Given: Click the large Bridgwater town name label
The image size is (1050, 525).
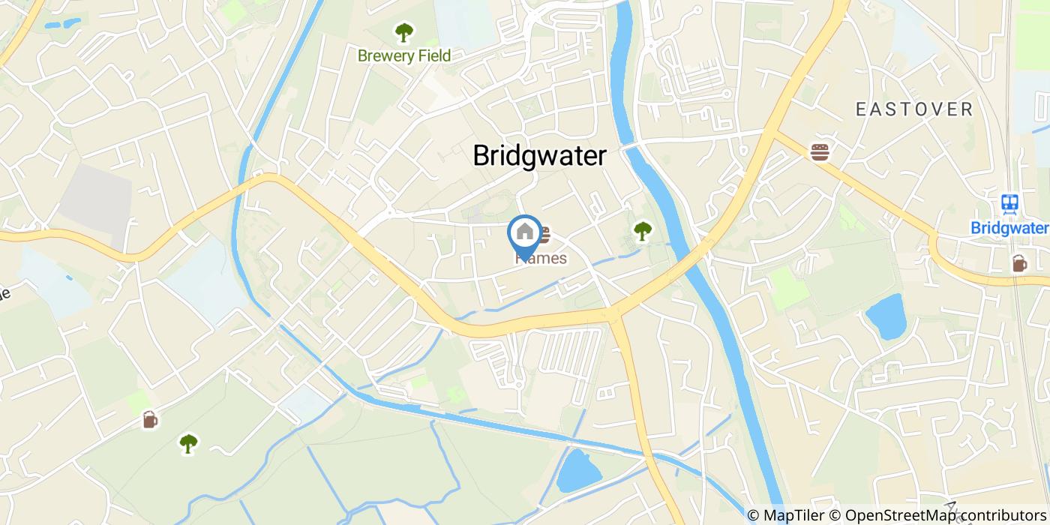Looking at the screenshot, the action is (539, 155).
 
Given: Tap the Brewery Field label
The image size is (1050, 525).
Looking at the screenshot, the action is (404, 55).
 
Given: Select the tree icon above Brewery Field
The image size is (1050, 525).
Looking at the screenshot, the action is (404, 32).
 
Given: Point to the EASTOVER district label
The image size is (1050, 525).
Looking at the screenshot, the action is (914, 109).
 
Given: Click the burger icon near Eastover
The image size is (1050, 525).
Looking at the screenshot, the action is (820, 152).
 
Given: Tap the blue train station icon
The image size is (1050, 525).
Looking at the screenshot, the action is (1009, 203).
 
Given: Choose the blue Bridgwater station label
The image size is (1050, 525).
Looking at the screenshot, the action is (1009, 227).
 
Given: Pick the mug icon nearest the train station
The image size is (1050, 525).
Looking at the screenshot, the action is (1019, 263).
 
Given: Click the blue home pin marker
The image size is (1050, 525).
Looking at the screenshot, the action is (525, 234).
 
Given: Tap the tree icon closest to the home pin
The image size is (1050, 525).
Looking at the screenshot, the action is (642, 231).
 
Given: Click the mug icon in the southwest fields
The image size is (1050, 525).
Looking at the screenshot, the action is (150, 419).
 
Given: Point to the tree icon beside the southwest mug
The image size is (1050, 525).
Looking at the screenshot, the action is (188, 444).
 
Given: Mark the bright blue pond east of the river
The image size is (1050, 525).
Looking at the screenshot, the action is (886, 316).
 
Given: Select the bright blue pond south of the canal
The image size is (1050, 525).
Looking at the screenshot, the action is (578, 471).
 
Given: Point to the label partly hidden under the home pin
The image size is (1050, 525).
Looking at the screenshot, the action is (541, 258).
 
